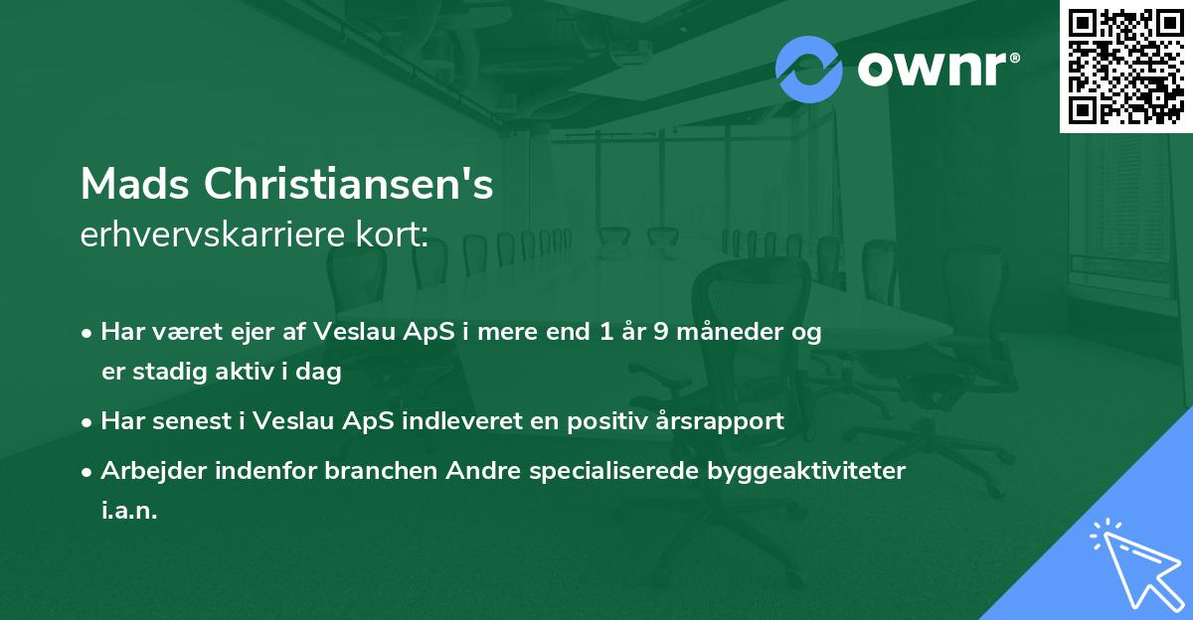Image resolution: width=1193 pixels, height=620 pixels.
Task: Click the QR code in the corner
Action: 1125,66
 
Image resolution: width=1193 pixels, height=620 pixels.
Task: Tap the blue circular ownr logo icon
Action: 809,70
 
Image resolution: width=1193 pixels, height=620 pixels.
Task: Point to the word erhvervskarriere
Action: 212,236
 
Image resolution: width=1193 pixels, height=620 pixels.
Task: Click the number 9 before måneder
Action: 660,332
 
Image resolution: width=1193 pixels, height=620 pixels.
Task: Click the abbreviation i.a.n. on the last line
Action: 129,512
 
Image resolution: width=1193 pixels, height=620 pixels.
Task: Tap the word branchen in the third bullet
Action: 374,471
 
